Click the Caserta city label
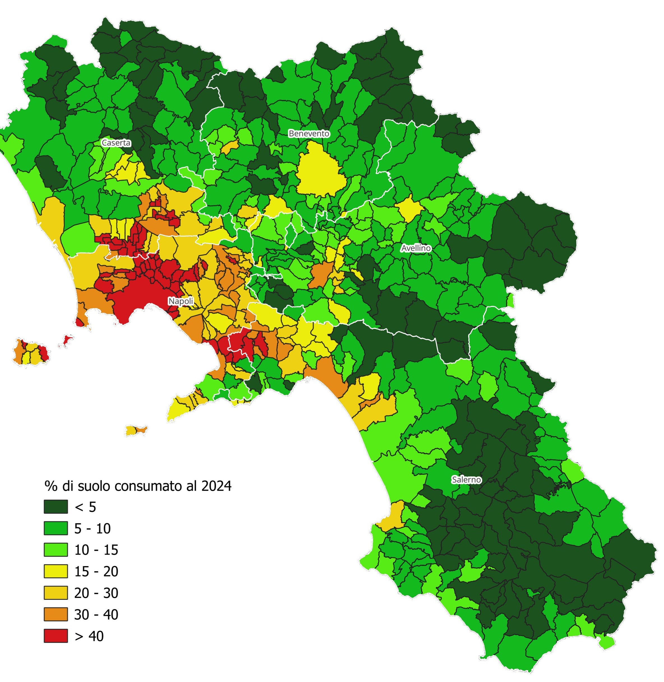click(x=116, y=143)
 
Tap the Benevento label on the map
click(x=309, y=133)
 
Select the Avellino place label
click(x=416, y=248)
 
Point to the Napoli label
click(x=181, y=301)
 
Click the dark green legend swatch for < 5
click(x=56, y=507)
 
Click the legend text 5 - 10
click(x=92, y=529)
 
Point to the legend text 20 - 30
click(x=96, y=593)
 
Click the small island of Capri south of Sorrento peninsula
click(x=136, y=430)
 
